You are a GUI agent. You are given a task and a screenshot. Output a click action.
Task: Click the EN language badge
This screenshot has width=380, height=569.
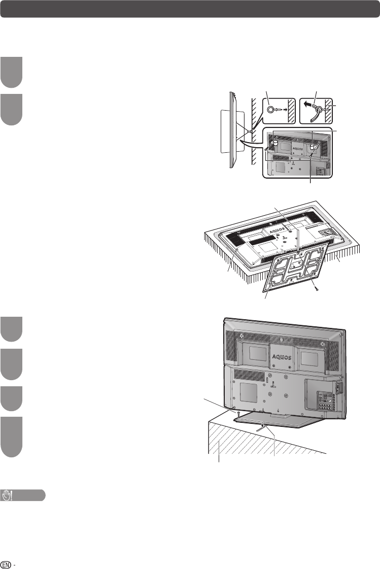pyautogui.click(x=7, y=563)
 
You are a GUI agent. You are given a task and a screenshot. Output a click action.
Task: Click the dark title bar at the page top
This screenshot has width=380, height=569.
pyautogui.click(x=190, y=9)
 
